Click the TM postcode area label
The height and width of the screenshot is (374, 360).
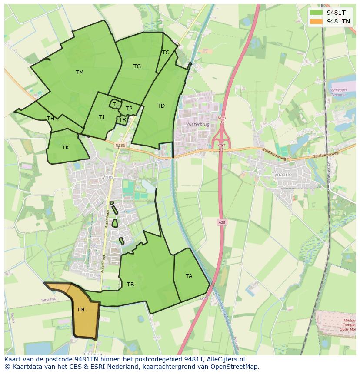point(79,73)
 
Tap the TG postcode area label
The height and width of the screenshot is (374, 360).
point(137,66)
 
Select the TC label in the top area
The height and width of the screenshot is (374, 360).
point(166,53)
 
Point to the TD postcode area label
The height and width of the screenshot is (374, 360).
point(161,106)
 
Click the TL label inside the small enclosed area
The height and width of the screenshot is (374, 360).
point(116,104)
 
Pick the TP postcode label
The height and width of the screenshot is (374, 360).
point(129,109)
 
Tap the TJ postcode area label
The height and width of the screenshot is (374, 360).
point(101,117)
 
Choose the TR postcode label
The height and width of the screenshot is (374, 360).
point(123,120)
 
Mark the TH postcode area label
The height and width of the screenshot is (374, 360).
point(50,119)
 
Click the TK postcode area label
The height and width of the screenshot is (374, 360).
point(65,148)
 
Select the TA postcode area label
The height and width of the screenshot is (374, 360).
point(189,276)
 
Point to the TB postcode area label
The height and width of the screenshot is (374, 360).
point(130,285)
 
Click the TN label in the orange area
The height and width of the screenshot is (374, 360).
point(80,310)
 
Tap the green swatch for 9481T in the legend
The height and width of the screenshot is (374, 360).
point(316,12)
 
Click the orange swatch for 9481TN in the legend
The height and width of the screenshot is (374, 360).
point(316,21)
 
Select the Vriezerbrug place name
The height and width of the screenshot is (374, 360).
point(197,124)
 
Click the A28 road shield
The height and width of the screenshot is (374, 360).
point(221,222)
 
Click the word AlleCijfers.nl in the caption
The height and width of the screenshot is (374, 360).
point(226,359)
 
